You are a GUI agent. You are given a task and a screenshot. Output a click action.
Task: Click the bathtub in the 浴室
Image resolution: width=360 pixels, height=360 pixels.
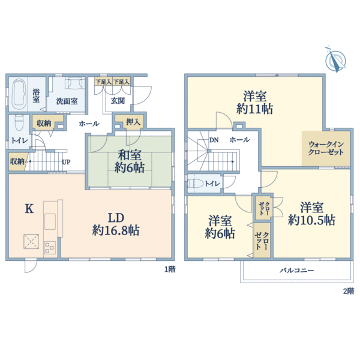pyautogui.click(x=18, y=94)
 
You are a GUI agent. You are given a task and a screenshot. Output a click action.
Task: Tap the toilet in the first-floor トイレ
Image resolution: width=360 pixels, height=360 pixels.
pyautogui.click(x=19, y=122)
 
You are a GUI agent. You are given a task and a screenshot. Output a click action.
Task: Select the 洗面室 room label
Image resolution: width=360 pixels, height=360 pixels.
pyautogui.click(x=67, y=101)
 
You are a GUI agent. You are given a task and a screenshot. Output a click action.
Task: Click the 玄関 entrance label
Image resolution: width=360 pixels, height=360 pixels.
pyautogui.click(x=118, y=101)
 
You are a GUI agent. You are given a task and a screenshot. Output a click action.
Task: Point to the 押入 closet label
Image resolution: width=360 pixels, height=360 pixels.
pyautogui.click(x=133, y=122)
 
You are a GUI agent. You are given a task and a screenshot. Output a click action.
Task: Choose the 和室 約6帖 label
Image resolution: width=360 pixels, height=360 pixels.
pyautogui.click(x=130, y=161)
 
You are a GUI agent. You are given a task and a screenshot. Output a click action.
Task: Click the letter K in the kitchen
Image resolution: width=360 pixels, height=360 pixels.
pyautogui.click(x=29, y=209)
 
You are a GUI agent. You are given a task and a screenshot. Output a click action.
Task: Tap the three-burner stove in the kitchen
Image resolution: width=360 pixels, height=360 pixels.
pyautogui.click(x=50, y=247)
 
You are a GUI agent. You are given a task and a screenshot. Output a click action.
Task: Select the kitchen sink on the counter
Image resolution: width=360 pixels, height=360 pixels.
pyautogui.click(x=50, y=221)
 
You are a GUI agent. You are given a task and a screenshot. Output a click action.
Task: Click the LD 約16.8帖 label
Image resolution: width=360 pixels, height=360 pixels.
pyautogui.click(x=116, y=224)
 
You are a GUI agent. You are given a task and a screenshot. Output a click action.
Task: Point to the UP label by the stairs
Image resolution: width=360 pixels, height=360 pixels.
pyautogui.click(x=66, y=162)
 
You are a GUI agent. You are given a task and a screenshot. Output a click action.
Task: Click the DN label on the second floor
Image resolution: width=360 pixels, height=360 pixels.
pyautogui.click(x=214, y=140)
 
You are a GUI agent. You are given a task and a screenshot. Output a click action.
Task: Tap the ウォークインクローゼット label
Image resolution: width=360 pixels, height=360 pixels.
pyautogui.click(x=326, y=148)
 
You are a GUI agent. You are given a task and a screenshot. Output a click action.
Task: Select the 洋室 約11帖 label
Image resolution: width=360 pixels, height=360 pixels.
pyautogui.click(x=255, y=103)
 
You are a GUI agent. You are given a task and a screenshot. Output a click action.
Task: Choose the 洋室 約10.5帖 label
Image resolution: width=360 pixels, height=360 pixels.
pyautogui.click(x=311, y=214)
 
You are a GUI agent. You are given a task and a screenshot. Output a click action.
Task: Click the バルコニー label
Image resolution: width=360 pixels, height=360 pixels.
pyautogui.click(x=296, y=271)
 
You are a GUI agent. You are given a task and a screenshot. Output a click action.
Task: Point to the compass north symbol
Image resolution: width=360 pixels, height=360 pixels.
pyautogui.click(x=335, y=59)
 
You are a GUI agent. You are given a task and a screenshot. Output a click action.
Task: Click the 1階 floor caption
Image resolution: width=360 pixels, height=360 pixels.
pyautogui.click(x=170, y=269)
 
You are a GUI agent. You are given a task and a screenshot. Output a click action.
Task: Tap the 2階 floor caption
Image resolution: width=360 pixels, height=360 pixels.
pyautogui.click(x=349, y=291)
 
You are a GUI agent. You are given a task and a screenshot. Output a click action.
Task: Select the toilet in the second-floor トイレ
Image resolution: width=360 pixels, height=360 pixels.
pyautogui.click(x=196, y=184)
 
